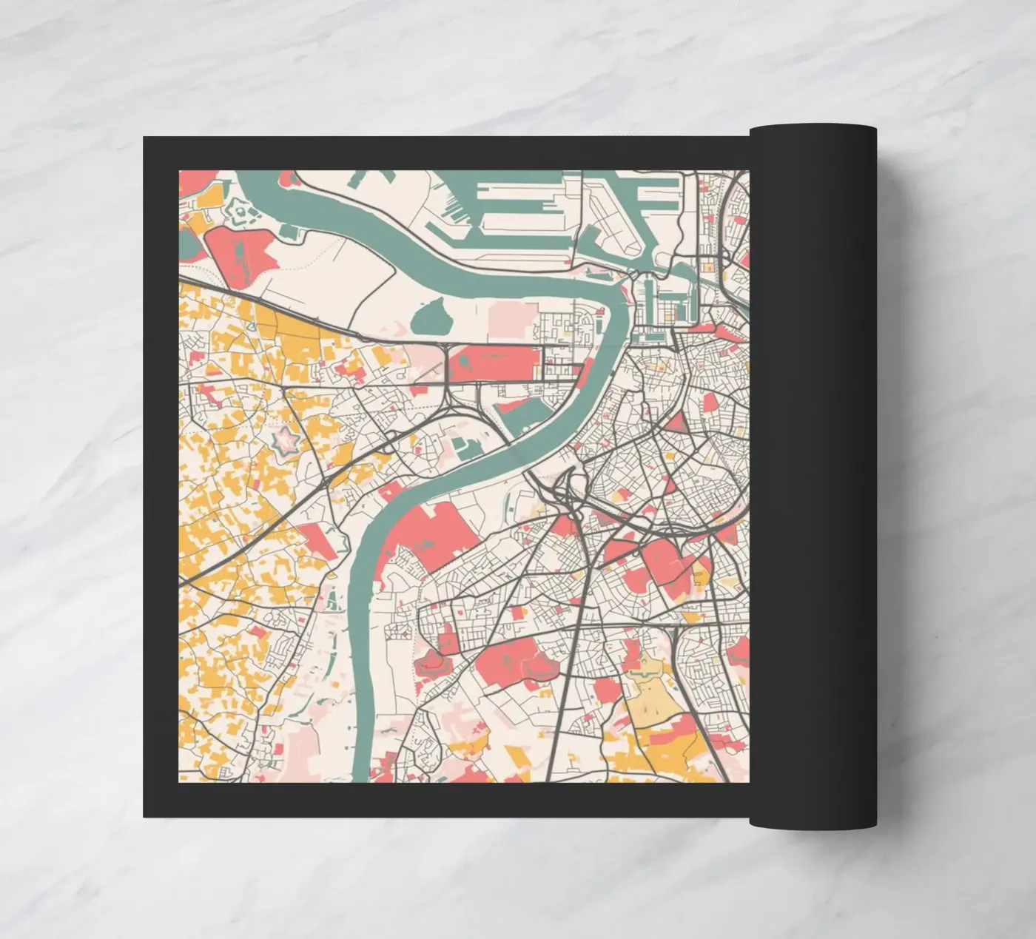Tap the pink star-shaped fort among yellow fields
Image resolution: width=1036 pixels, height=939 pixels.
[x=284, y=442]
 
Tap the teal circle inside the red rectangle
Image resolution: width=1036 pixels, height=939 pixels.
[x=464, y=360]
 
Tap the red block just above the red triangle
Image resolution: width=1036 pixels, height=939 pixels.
[x=710, y=402]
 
